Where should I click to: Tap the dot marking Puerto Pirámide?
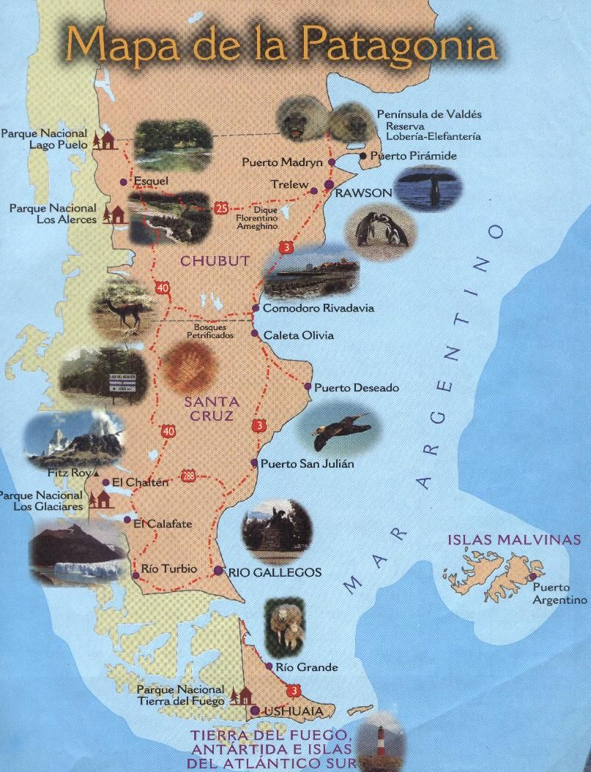pyautogui.click(x=363, y=156)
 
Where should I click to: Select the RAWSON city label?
pyautogui.click(x=363, y=192)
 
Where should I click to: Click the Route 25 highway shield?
pyautogui.click(x=221, y=209)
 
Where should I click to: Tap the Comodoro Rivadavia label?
pyautogui.click(x=318, y=308)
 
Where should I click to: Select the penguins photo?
pyautogui.click(x=379, y=228)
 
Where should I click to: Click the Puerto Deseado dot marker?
pyautogui.click(x=308, y=386)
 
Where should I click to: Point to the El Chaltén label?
pyautogui.click(x=141, y=482)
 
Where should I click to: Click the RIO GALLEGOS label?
pyautogui.click(x=275, y=572)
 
